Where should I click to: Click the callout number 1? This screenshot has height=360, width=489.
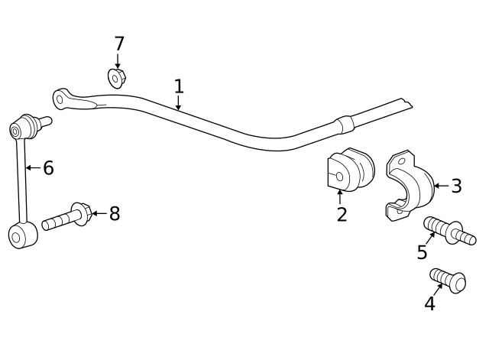(178, 86)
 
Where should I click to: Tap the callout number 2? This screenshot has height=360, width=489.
(342, 215)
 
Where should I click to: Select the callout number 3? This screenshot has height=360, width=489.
(456, 185)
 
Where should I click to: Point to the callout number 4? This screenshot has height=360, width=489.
(429, 303)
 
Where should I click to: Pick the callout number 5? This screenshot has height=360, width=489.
(422, 252)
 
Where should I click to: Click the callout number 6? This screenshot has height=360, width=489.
(48, 167)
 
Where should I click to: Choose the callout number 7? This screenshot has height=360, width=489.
(118, 44)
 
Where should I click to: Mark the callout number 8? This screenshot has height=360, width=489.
(115, 213)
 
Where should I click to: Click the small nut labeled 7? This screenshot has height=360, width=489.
(117, 77)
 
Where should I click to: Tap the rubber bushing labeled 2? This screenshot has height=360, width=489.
(350, 171)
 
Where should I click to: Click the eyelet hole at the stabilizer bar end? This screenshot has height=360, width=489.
(60, 98)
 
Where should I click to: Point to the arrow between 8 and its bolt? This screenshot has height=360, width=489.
(99, 213)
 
